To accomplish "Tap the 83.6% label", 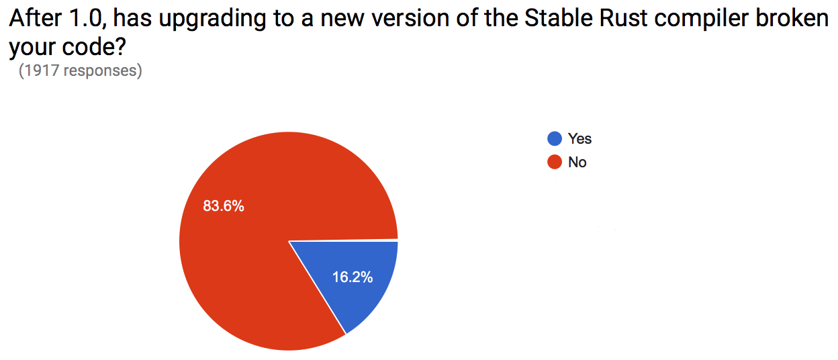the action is pos(224,206).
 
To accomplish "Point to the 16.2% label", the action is pos(353,277).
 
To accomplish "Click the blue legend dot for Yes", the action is pos(555,139).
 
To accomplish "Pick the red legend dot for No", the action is pos(555,162).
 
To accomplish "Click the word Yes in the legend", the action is pos(579,139).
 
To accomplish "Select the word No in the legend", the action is pos(577,163).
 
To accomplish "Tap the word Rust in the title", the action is pos(623,18).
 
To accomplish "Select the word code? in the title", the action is pos(94,48).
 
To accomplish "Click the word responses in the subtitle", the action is pos(100,71).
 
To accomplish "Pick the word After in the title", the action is pos(35,18).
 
